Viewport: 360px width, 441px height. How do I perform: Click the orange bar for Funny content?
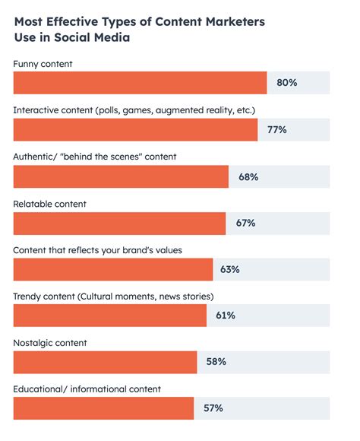pos(140,83)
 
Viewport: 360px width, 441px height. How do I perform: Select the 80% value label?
pos(286,83)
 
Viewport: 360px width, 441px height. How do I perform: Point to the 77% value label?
pos(276,130)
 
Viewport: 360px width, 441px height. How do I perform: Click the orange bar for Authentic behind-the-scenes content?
pos(121,176)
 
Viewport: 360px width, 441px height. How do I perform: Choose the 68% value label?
pos(248,176)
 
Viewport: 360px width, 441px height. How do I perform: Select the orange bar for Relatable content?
pos(119,223)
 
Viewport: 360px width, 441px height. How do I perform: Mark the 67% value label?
pos(245,223)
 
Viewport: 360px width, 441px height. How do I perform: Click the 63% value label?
pos(230,269)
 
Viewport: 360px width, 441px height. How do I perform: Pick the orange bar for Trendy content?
pos(109,316)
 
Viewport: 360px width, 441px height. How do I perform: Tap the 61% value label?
pos(226,316)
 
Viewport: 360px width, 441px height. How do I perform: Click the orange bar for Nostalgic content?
pos(105,362)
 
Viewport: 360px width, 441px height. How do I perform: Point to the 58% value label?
pos(216,362)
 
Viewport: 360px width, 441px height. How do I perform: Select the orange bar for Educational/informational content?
pos(103,408)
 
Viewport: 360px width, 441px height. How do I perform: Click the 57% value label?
pos(213,408)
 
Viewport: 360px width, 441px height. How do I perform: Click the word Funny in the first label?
pos(27,64)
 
